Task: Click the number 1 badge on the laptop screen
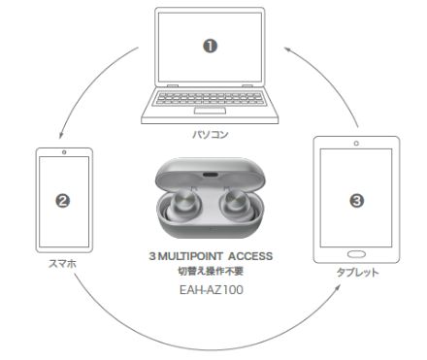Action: (210, 47)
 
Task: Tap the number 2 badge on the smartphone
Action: (63, 201)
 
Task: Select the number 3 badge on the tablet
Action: (356, 201)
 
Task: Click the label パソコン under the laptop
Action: (211, 134)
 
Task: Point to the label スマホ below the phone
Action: (62, 264)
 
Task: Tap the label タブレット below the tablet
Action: (357, 273)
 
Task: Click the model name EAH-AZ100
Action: (212, 290)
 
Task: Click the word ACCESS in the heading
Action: (250, 256)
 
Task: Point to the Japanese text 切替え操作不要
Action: (211, 271)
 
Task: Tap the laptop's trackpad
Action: (210, 111)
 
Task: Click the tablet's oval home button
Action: (356, 254)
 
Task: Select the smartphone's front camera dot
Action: (64, 152)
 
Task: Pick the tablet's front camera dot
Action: (356, 144)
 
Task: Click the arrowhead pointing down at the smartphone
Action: (60, 136)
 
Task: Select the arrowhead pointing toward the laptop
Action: (288, 49)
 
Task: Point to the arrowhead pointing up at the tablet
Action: (338, 287)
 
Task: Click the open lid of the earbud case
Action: (211, 175)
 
